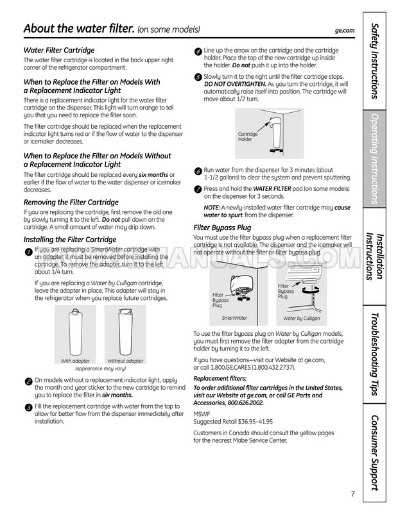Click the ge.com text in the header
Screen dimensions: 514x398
(345, 30)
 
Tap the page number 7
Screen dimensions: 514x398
(352, 493)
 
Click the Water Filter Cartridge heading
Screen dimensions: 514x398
(59, 50)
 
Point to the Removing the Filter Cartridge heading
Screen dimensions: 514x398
(71, 202)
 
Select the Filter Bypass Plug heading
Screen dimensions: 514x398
(222, 228)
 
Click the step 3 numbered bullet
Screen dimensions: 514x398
(28, 408)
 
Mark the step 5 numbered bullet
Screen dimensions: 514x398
(198, 77)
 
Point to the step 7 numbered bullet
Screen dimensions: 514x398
(198, 189)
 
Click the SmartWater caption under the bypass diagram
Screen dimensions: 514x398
(234, 318)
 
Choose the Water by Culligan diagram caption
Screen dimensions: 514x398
(301, 319)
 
